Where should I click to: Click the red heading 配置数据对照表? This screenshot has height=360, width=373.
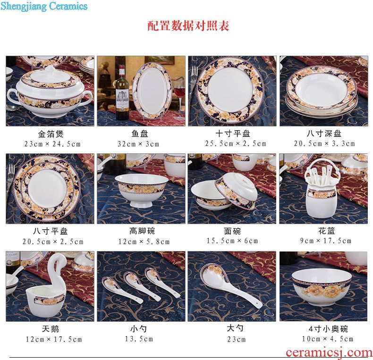[x=188, y=25]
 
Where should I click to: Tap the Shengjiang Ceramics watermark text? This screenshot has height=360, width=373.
[x=44, y=6]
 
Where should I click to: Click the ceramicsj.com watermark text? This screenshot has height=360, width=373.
[x=329, y=352]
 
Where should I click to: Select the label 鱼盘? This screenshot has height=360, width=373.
[x=140, y=134]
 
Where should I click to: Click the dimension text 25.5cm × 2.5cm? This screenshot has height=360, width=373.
[x=236, y=143]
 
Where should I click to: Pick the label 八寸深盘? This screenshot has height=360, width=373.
[x=324, y=134]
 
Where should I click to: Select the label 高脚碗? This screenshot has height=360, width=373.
[x=142, y=231]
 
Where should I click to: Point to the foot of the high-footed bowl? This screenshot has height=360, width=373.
[x=141, y=203]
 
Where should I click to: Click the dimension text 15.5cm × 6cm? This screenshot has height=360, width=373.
[x=232, y=241]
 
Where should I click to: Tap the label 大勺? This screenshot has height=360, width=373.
[x=235, y=328]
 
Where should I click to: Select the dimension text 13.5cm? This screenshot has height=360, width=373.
[x=139, y=339]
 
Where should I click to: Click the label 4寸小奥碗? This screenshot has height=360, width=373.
[x=328, y=329]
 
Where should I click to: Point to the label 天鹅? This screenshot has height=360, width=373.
[x=51, y=329]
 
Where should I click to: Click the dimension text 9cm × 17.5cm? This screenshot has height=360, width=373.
[x=326, y=241]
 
